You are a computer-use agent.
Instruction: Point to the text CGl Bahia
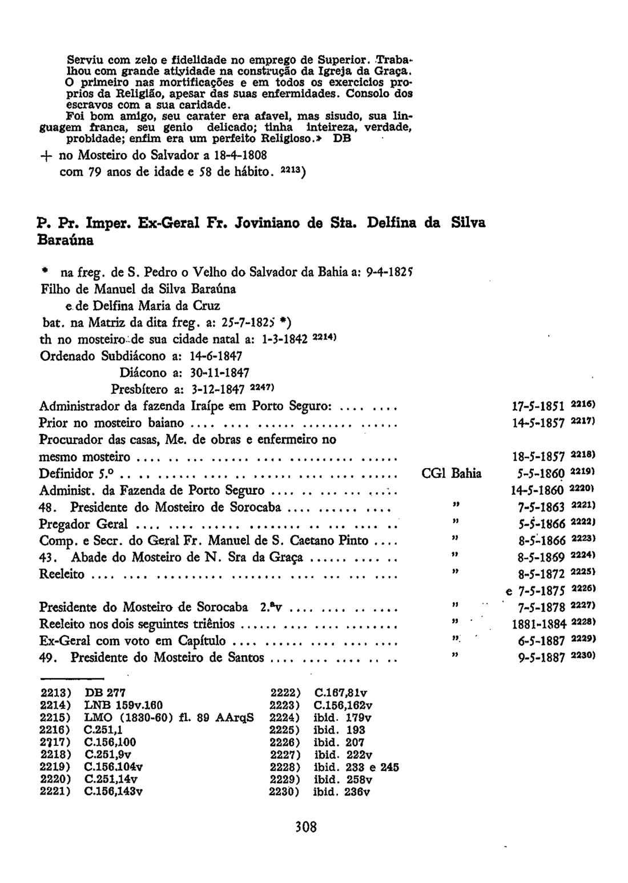tap(451, 474)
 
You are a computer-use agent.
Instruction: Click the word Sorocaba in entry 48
tap(256, 507)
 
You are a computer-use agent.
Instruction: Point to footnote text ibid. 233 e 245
tap(356, 768)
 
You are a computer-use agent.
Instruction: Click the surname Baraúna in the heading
tap(66, 241)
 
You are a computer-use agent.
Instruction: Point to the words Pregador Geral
tap(83, 524)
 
